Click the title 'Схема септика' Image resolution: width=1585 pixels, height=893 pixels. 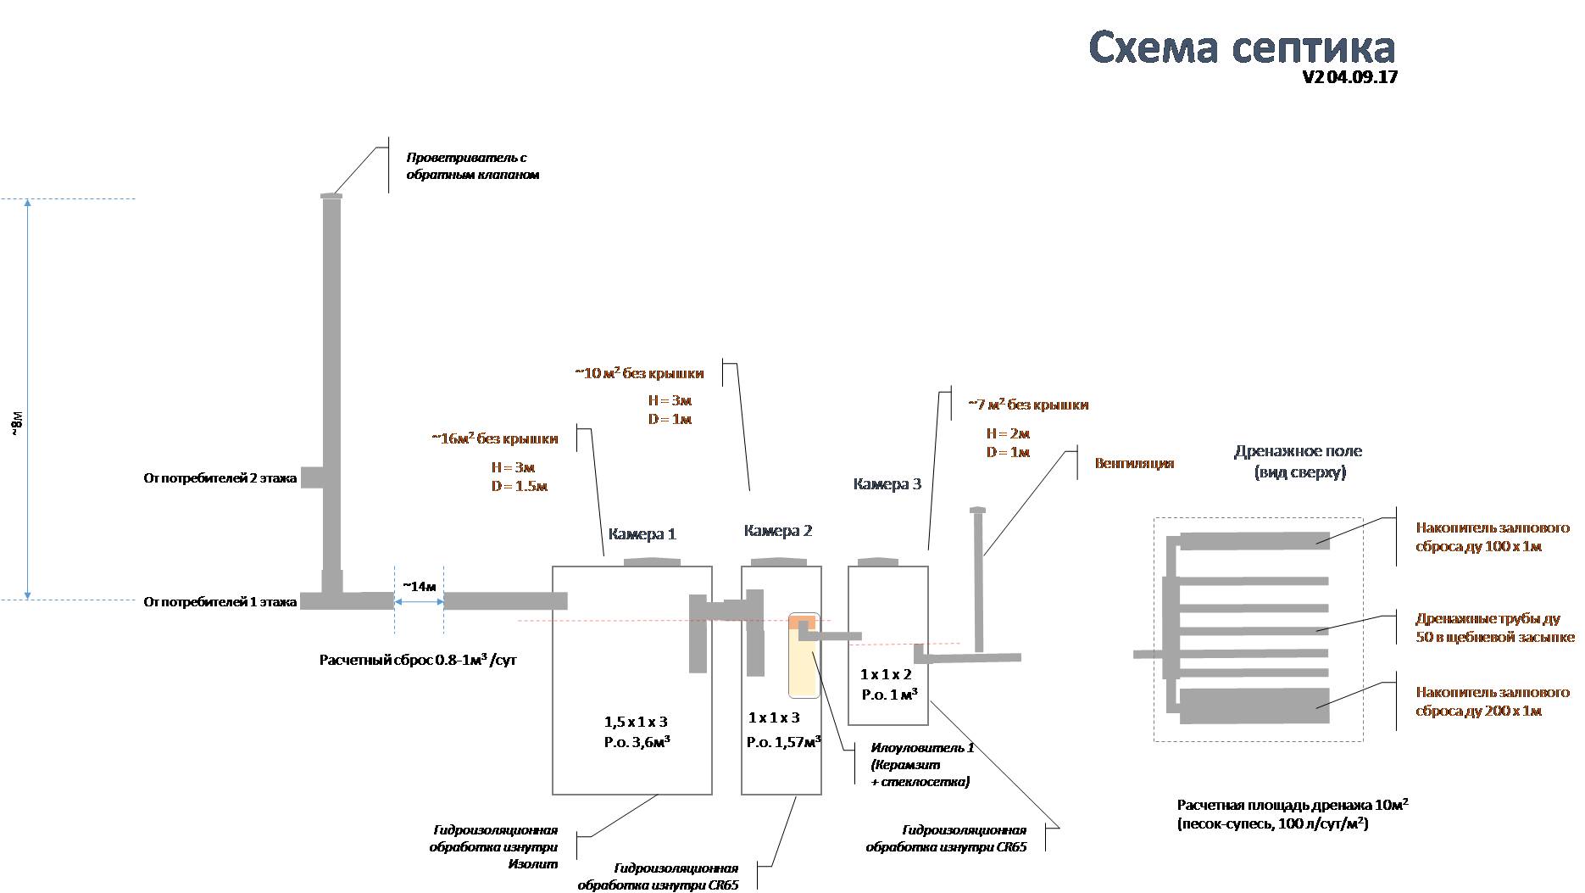click(x=1241, y=47)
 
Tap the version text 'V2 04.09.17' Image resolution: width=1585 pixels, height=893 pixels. click(x=1349, y=77)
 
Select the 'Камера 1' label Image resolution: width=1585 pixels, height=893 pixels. click(x=642, y=534)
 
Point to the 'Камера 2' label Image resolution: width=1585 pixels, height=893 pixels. click(x=777, y=531)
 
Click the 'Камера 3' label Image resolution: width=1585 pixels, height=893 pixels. click(x=887, y=484)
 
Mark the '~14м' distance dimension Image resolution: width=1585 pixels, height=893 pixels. click(x=419, y=587)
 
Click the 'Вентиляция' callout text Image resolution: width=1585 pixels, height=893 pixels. click(x=1134, y=463)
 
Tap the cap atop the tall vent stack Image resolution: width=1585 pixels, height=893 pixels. click(x=331, y=196)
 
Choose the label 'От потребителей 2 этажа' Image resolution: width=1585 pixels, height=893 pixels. click(x=220, y=478)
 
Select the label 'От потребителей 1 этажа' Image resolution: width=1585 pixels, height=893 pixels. click(x=220, y=602)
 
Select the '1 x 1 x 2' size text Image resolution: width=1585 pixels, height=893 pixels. click(x=886, y=675)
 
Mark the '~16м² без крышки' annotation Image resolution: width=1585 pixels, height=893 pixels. click(x=494, y=439)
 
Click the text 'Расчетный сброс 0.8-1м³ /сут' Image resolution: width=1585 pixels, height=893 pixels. click(x=417, y=660)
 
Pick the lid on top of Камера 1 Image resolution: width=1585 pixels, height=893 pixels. click(x=652, y=561)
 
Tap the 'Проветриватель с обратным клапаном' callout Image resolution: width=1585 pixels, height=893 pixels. click(x=472, y=166)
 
